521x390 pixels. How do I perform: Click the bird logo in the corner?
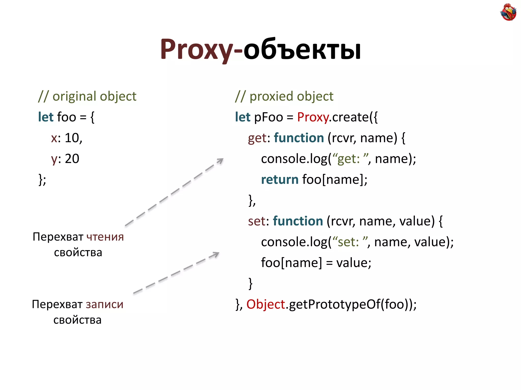[508, 12]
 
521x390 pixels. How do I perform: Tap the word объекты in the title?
[302, 50]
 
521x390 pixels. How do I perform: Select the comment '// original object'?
[87, 96]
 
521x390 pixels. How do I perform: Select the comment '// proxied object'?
[284, 96]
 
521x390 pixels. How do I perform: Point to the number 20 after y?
[72, 159]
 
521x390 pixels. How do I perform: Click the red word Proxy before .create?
[313, 117]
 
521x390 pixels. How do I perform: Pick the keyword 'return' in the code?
[280, 180]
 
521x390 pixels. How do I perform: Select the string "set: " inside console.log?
[350, 242]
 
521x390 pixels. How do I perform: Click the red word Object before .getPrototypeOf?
[266, 304]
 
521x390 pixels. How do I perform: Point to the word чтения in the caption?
[105, 237]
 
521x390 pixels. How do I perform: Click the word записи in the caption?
[104, 304]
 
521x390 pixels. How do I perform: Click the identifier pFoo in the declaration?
[268, 117]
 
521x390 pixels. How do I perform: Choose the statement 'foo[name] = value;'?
[316, 263]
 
